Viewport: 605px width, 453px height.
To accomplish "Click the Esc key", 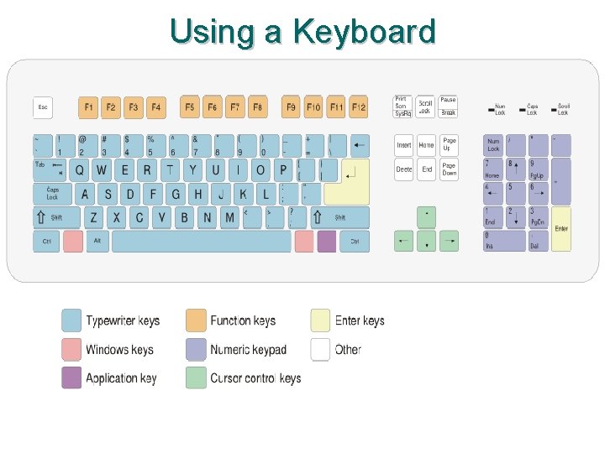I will (43, 107).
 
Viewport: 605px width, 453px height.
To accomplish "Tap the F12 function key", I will (359, 107).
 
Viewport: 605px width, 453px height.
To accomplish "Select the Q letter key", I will (79, 170).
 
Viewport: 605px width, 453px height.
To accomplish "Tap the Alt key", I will (97, 242).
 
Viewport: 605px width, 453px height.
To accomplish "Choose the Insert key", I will (404, 145).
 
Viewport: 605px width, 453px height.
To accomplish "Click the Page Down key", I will (450, 169).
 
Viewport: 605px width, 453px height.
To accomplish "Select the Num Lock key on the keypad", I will (493, 145).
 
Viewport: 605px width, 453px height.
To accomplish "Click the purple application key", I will (327, 242).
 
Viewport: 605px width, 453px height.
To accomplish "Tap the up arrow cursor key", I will (427, 217).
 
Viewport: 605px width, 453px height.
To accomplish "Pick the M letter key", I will (229, 217).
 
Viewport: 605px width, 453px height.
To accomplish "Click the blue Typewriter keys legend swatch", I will (71, 320).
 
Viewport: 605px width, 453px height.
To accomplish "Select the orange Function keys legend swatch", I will (196, 320).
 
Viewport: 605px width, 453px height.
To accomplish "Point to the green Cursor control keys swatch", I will (196, 377).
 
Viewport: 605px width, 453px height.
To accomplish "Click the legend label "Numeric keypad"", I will (248, 350).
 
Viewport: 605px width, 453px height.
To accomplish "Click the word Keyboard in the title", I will (364, 32).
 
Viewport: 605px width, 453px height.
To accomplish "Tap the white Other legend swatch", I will (320, 350).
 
